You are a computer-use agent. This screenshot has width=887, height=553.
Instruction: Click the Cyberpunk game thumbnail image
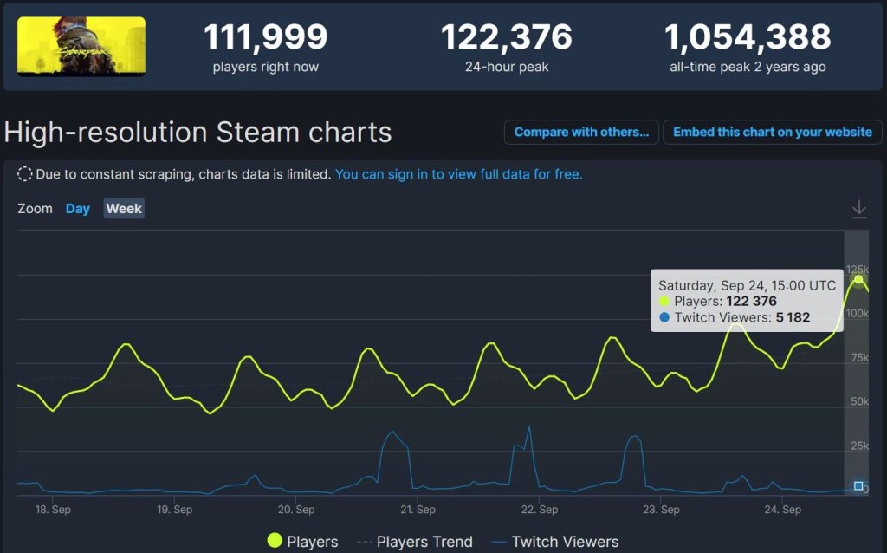[x=81, y=46]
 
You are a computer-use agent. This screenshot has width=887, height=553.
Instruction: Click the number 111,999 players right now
[x=265, y=37]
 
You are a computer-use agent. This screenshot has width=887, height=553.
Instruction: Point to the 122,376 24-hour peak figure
[x=506, y=37]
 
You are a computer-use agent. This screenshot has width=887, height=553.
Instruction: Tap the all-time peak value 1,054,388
[x=748, y=37]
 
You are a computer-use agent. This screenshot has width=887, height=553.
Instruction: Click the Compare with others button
[x=581, y=133]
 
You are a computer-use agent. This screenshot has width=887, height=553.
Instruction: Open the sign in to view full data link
[x=458, y=174]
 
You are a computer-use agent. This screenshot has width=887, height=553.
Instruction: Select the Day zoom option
[x=78, y=209]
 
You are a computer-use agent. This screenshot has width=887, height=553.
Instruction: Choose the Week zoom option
[x=124, y=209]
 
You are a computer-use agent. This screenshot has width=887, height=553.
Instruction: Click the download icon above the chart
[x=858, y=209]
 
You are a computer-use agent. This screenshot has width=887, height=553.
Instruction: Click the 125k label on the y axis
[x=858, y=269]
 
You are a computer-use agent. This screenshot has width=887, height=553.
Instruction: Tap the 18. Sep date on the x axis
[x=53, y=510]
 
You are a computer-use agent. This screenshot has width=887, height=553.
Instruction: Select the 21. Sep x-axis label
[x=418, y=510]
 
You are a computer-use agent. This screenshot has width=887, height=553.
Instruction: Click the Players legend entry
[x=302, y=542]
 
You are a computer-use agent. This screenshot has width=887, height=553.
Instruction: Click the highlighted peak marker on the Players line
[x=858, y=279]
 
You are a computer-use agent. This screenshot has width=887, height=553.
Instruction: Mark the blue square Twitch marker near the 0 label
[x=858, y=486]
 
